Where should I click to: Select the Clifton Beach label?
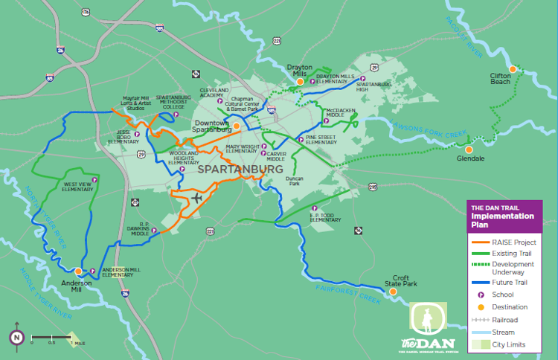[500, 78]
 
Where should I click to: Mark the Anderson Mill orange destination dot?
[78, 271]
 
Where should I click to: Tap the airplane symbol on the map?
[196, 198]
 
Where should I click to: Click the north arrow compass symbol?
[16, 337]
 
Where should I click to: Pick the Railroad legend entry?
[505, 320]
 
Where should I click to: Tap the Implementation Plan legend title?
[502, 216]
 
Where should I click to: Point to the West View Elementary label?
[77, 187]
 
